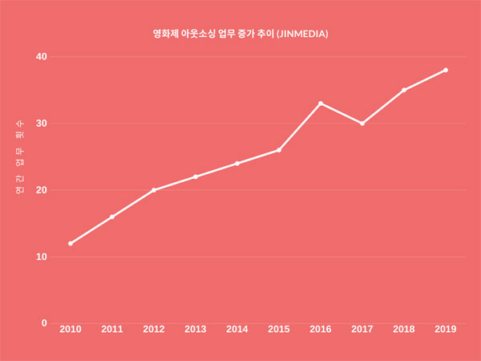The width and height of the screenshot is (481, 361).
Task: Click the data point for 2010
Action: click(71, 243)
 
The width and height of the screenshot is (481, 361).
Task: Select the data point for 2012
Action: click(154, 190)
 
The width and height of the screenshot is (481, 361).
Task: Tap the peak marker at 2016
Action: click(321, 103)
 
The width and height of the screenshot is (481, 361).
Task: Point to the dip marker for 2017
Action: click(362, 124)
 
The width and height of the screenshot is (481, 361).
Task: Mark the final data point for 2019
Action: click(446, 70)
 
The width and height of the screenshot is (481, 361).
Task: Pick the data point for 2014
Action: click(237, 164)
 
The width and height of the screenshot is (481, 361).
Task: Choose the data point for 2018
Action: click(404, 90)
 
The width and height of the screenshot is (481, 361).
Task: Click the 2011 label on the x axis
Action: click(112, 329)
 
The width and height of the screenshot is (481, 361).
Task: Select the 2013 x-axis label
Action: click(196, 329)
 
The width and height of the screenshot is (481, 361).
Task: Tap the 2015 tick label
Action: click(279, 329)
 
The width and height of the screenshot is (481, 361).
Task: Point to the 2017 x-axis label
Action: click(362, 329)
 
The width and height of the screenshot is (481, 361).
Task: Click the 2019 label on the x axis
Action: click(446, 329)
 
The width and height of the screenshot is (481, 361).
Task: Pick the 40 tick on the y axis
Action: click(41, 57)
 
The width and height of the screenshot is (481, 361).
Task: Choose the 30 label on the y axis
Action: click(41, 124)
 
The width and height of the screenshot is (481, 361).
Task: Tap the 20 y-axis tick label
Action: click(41, 190)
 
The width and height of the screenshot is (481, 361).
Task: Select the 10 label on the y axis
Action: click(41, 257)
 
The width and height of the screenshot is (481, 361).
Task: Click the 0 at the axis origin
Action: click(44, 323)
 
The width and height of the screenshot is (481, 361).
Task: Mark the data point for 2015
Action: click(279, 150)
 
